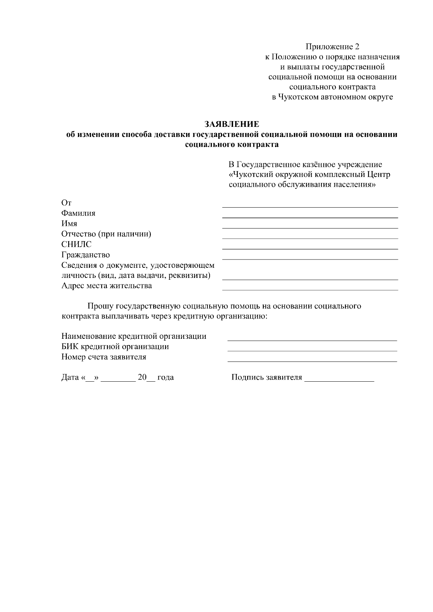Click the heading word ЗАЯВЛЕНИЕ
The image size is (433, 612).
pos(232,124)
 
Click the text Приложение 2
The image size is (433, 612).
pos(332,47)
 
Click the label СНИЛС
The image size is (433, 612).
pos(76,244)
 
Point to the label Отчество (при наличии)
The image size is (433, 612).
pos(106,234)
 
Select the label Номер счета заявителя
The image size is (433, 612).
pos(104,357)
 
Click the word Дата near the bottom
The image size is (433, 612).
pos(70,378)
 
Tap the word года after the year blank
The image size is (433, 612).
pos(166,378)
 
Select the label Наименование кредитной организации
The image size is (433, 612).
pos(134,336)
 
